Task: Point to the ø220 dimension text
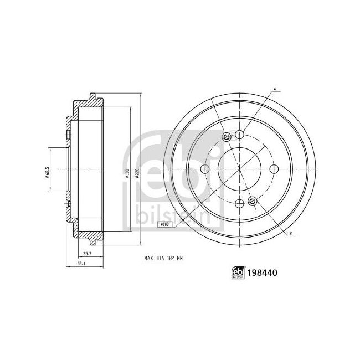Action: [x=135, y=172]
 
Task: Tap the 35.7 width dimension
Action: [x=87, y=254]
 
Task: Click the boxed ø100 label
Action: [x=164, y=224]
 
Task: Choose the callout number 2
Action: [x=291, y=234]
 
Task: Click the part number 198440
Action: [x=264, y=272]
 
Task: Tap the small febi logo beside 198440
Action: [x=239, y=272]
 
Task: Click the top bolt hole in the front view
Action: [x=239, y=133]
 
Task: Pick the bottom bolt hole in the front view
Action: [x=239, y=203]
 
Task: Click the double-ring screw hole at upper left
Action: [x=225, y=137]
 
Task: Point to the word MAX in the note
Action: [x=148, y=258]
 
